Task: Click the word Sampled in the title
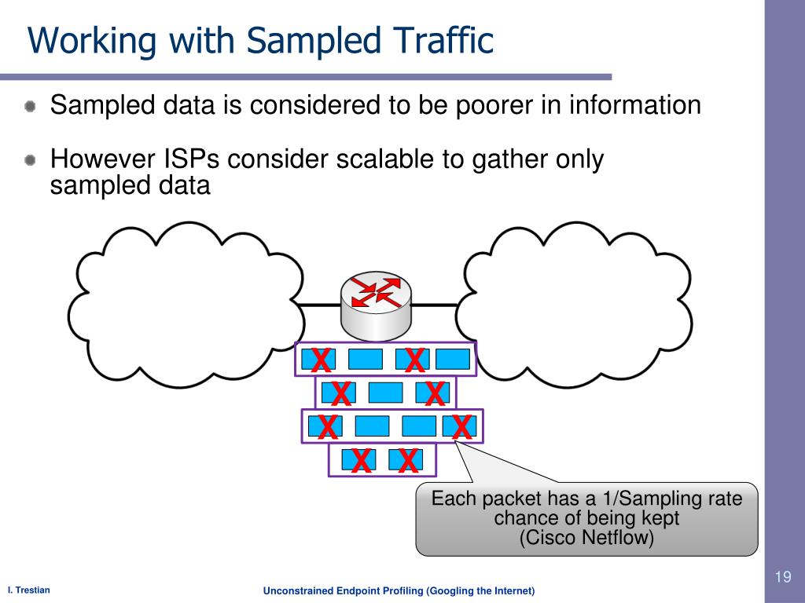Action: click(313, 41)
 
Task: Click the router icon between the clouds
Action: click(377, 306)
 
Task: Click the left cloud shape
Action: click(186, 305)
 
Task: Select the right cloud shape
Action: click(574, 305)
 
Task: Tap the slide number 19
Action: click(783, 577)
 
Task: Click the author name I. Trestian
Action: click(29, 590)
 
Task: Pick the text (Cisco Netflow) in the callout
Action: click(586, 537)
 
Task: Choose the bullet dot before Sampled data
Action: click(31, 106)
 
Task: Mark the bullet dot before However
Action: click(31, 160)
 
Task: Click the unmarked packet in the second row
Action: click(385, 393)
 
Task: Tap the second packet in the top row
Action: click(366, 359)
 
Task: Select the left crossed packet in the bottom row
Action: click(358, 460)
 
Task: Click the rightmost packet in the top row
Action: click(453, 359)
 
